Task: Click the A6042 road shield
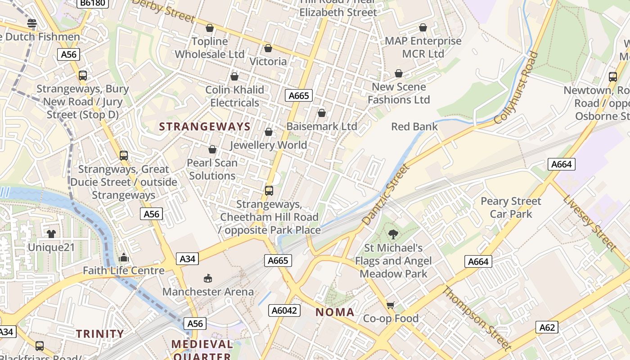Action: pos(284,310)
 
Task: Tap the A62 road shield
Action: pos(547,327)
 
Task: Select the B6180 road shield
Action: pos(93,3)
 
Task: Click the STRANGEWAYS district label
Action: pos(205,126)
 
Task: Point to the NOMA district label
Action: pos(335,312)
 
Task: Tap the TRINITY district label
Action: pos(100,333)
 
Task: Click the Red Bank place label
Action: pos(414,126)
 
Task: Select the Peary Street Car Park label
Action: pos(511,207)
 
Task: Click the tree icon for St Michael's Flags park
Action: pos(393,234)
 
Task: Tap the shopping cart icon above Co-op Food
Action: pos(391,305)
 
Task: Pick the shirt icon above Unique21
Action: pos(51,234)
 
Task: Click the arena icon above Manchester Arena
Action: pos(208,278)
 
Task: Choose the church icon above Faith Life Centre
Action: pos(124,257)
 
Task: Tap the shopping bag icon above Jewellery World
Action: pos(269,132)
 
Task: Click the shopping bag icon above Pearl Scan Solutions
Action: pos(212,149)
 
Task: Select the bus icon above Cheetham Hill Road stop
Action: pos(269,190)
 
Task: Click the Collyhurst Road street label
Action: pos(516,88)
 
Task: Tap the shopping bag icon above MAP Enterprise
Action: pos(423,28)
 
